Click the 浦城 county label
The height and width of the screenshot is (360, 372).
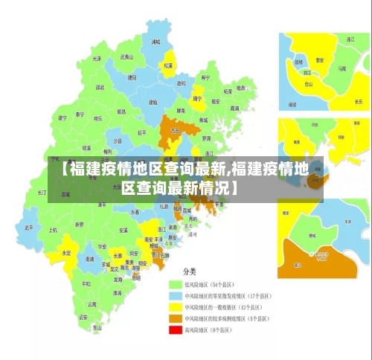[x=156, y=42]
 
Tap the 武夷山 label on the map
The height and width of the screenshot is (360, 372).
[x=126, y=57]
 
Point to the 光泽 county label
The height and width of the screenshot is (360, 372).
[x=96, y=58]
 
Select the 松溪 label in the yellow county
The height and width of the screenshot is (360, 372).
[x=170, y=65]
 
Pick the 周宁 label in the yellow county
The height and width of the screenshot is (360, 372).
[x=197, y=97]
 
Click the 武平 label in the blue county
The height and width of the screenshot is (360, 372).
[x=28, y=228]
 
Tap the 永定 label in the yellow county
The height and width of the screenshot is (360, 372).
[x=67, y=253]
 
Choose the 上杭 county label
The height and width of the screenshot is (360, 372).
[x=53, y=230]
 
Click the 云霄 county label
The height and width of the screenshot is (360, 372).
[x=92, y=304]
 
